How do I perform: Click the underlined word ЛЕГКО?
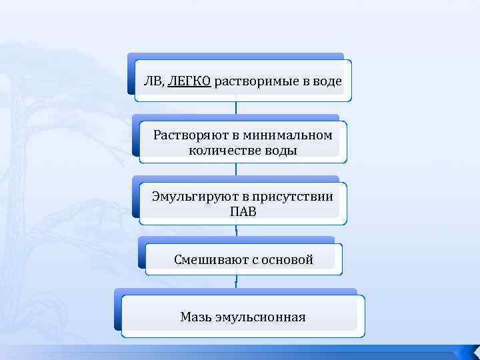pos(189,82)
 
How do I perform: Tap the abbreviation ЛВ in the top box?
pos(153,82)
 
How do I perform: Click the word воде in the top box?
pos(327,82)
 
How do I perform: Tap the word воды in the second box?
pos(283,151)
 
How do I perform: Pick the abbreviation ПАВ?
pos(243,211)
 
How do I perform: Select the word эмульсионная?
pos(260,317)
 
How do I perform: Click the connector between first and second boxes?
pos(236,109)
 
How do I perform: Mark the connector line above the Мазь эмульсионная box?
pos(236,283)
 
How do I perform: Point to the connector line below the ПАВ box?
pos(236,231)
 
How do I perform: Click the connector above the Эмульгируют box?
pos(236,169)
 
